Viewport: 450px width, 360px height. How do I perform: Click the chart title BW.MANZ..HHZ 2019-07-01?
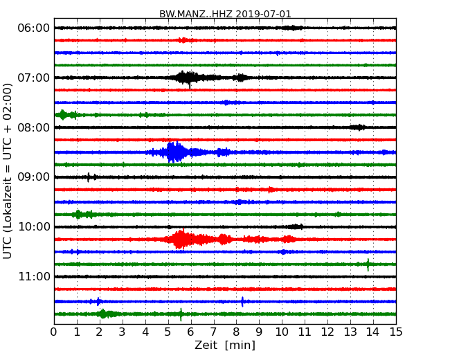[x=225, y=14]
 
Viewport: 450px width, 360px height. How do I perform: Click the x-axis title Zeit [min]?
[x=225, y=345]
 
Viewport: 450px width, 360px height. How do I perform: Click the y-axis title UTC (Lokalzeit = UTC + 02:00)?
[x=8, y=170]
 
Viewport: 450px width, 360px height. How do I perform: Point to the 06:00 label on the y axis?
[x=33, y=28]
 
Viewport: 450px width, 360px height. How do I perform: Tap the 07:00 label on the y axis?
[x=33, y=78]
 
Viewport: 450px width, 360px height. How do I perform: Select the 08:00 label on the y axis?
[x=33, y=127]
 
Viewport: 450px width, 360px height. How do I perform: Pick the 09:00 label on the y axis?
[x=33, y=177]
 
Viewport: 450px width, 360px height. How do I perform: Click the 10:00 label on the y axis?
[x=33, y=227]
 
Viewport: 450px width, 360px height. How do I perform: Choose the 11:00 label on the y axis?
[x=33, y=277]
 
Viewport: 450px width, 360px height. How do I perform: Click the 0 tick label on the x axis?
[x=54, y=332]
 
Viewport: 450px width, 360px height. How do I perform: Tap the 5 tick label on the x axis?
[x=168, y=332]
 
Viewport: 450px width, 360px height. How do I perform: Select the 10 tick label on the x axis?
[x=282, y=332]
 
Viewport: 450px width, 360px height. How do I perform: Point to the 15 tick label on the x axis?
[x=396, y=332]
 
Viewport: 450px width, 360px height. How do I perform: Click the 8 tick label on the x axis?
[x=236, y=332]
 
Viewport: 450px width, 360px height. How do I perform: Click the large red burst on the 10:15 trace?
[x=181, y=240]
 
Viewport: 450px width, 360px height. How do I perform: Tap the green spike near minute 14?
[x=368, y=264]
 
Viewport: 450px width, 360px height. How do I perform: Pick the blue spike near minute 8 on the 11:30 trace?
[x=242, y=301]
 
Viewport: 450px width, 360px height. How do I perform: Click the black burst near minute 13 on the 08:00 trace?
[x=357, y=127]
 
